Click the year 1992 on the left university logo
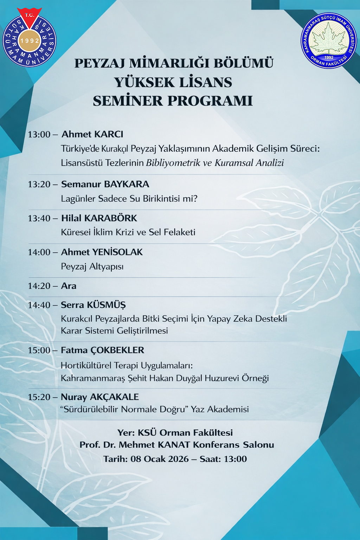coord(30,41)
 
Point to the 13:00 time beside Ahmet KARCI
coord(39,134)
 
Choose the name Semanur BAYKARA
coord(105,184)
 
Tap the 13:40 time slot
coord(39,218)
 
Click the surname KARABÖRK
coord(111,218)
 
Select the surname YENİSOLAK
coord(117,252)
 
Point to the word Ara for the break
coord(69,286)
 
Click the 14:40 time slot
coord(39,305)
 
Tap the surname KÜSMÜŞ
coord(106,305)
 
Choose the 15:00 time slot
coord(39,351)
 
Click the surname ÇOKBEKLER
coord(117,351)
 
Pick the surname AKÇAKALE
coord(114,397)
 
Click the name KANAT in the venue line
coord(174,445)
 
